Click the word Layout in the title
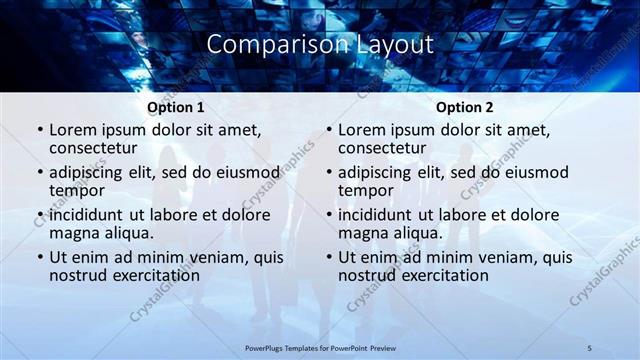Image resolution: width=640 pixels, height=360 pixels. pos(396,45)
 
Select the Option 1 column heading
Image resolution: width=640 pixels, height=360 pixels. pos(176,107)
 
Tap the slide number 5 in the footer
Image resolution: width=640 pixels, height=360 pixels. pos(590,347)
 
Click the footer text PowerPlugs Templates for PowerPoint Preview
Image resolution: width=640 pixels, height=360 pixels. pos(320,347)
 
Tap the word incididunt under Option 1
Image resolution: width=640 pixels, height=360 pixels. pos(90,215)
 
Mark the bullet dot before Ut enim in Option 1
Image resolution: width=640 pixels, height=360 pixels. pos(40,258)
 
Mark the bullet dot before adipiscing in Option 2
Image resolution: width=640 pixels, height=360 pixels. pos(329,172)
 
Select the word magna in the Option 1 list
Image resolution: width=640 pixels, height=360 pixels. pos(72,233)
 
